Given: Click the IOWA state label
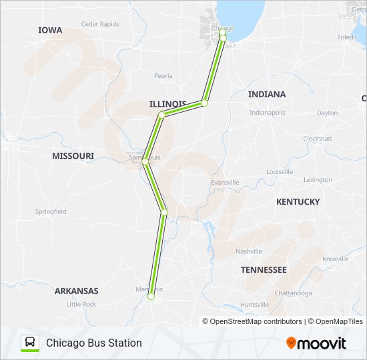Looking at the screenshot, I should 50,30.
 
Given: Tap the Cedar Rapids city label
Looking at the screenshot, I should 99,24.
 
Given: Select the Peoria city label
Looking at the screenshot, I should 163,76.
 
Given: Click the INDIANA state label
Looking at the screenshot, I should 267,95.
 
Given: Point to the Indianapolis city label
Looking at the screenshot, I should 267,113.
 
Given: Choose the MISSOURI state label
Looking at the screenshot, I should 73,156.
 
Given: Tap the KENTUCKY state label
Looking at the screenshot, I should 298,202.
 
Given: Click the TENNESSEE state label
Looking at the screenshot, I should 264,270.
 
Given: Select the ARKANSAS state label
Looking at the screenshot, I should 77,291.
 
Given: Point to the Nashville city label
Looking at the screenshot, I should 248,251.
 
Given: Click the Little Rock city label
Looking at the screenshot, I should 81,304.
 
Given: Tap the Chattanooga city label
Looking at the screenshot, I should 292,293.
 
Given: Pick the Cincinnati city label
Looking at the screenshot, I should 317,139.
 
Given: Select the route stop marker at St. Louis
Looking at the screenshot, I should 145,162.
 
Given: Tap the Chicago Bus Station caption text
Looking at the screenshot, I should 94,343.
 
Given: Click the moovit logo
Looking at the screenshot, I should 316,343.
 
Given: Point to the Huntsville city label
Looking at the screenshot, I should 254,305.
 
